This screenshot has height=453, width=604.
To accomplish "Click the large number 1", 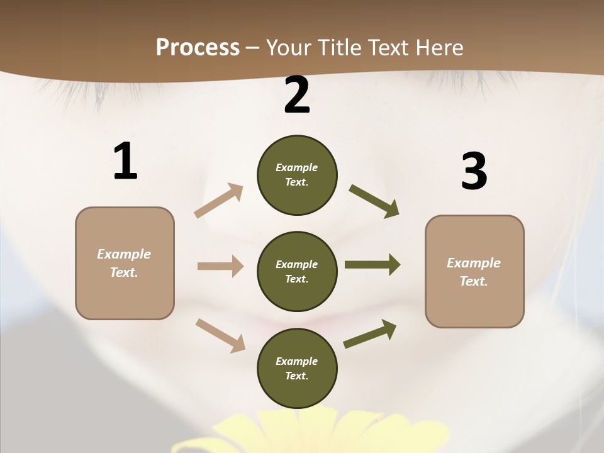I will point(125,162).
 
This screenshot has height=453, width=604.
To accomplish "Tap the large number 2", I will point(297,95).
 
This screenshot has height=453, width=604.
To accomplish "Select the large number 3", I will point(474,172).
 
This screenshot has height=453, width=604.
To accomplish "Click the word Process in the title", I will point(198,47).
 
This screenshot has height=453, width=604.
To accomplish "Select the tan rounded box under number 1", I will point(125,263).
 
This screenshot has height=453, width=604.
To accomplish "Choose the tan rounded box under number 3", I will point(474,271).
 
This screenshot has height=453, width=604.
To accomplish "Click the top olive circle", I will point(297,175).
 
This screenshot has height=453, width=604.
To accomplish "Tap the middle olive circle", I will point(297,271).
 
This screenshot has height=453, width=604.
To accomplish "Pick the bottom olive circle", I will point(297,368).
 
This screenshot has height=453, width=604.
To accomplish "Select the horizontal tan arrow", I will point(220,266).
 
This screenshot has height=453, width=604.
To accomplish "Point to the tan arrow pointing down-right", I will point(221,335).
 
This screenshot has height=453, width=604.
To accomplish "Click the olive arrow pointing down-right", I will point(374,201).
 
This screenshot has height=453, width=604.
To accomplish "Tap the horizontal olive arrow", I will point(372,265).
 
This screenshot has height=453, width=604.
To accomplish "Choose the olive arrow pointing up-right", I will point(370,334).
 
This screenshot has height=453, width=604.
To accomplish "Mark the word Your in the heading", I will point(288,47).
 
